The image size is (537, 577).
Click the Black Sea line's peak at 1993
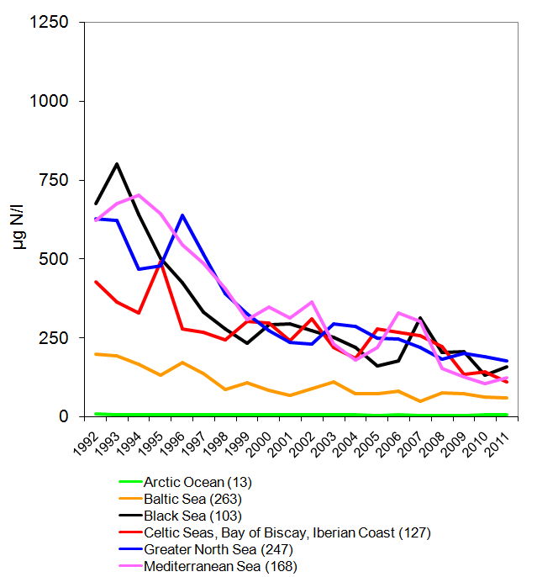(117, 164)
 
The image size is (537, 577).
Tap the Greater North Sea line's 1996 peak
(182, 216)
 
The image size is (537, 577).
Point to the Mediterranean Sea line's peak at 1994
(139, 195)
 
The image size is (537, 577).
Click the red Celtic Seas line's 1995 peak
(161, 263)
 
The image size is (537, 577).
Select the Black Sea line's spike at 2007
(420, 318)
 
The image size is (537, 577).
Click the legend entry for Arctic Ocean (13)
(197, 482)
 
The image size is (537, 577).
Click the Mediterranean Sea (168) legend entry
(221, 566)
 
